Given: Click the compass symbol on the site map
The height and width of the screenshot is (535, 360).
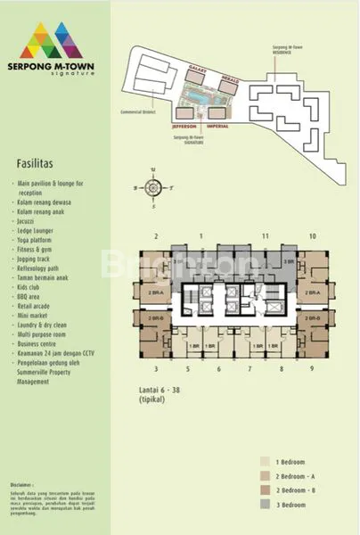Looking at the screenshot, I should coord(153,188).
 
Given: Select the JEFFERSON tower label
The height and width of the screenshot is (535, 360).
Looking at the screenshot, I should coord(184,126).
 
